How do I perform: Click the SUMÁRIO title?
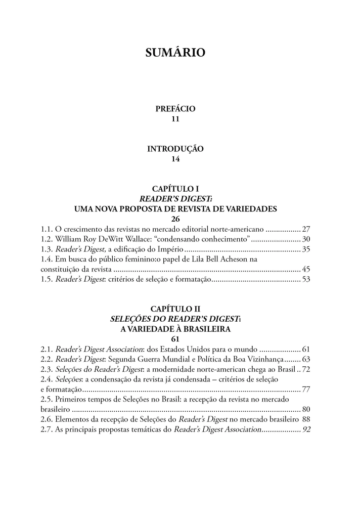(x=175, y=52)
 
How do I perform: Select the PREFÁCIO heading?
(x=175, y=109)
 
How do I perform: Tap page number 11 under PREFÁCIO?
(x=175, y=119)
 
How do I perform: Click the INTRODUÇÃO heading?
(x=175, y=149)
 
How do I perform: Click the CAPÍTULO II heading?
(x=175, y=309)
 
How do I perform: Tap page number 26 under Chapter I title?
(x=175, y=219)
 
